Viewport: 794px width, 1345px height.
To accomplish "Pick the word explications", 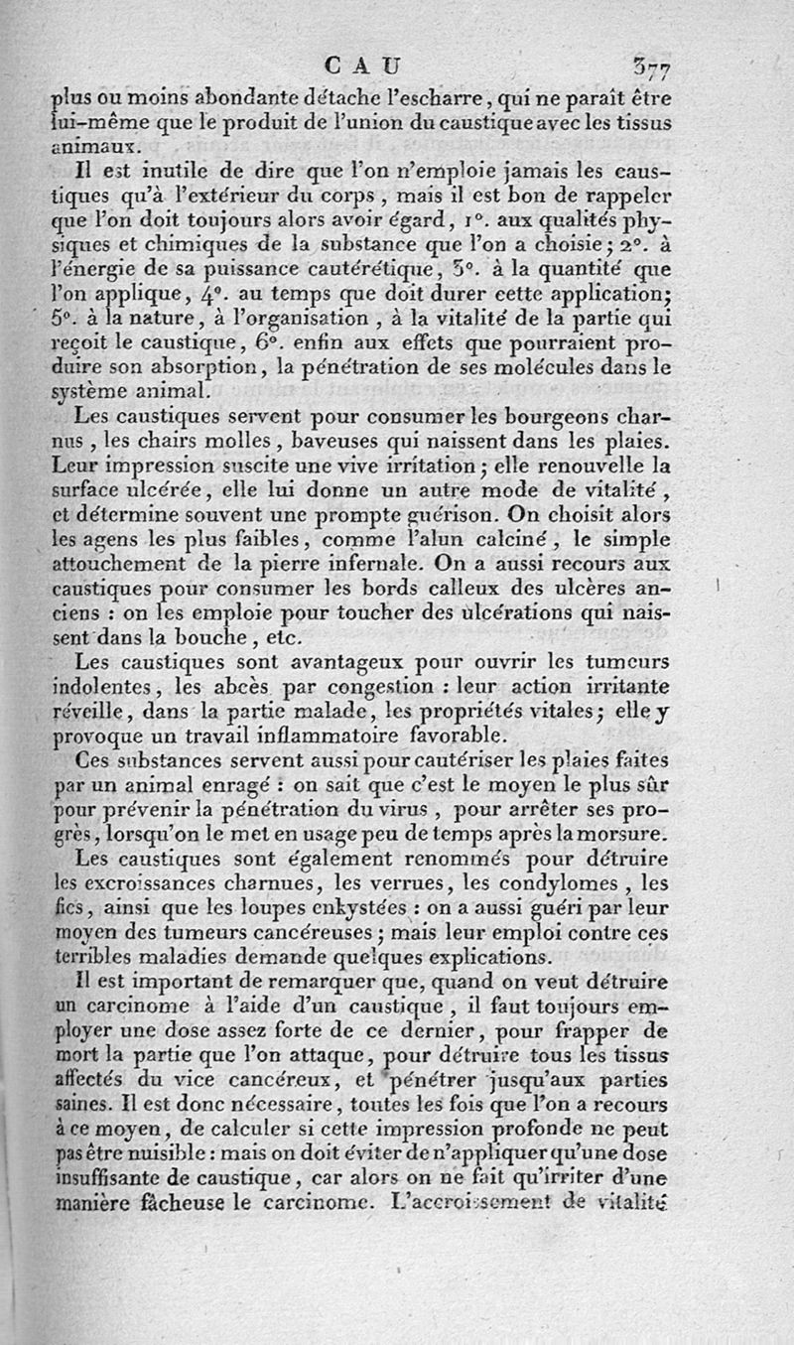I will (x=484, y=956).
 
